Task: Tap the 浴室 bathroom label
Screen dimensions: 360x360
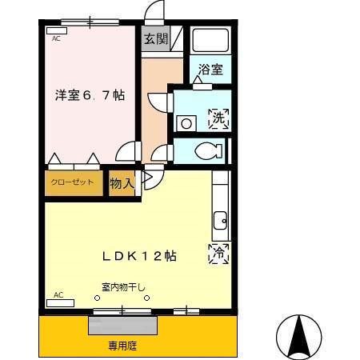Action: coord(212,69)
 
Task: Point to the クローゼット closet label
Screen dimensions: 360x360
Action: coord(73,182)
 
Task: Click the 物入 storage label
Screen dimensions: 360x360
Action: coord(121,184)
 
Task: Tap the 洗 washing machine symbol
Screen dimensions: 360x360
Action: coord(218,119)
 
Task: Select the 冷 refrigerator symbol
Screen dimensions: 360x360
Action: coord(218,254)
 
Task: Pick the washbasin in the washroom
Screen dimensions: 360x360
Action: coord(186,123)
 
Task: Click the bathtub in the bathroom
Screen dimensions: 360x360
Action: coord(212,39)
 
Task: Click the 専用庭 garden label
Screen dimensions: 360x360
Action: coord(123,346)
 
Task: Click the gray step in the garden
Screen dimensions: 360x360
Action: coord(123,326)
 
